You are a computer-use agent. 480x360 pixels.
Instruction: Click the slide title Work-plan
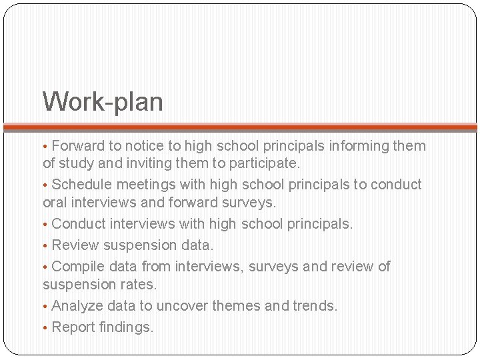tap(103, 102)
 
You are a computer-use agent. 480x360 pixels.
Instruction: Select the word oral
tap(54, 201)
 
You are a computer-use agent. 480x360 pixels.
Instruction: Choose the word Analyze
tap(77, 306)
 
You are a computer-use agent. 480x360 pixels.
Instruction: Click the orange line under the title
tap(240, 127)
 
